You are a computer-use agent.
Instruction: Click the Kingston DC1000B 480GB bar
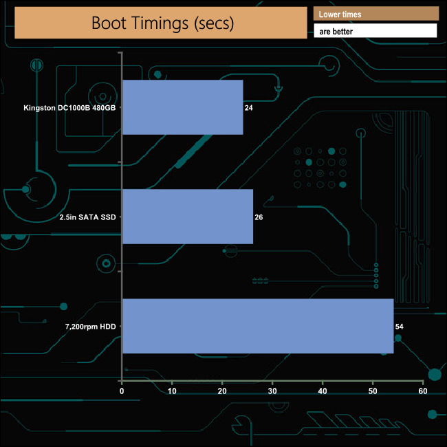[x=182, y=107]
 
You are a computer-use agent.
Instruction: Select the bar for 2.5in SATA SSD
[x=187, y=217]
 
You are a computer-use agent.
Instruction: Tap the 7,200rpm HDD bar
[x=257, y=326]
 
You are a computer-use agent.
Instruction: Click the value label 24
[x=249, y=108]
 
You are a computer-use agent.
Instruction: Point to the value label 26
[x=259, y=217]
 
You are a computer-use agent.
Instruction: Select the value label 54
[x=399, y=327]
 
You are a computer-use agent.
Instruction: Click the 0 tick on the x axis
[x=122, y=391]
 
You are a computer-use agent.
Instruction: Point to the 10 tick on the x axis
[x=172, y=391]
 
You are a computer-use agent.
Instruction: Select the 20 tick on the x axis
[x=222, y=391]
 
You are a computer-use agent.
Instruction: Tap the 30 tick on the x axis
[x=272, y=391]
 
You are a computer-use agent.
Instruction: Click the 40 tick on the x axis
[x=323, y=391]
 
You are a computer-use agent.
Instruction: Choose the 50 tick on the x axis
[x=373, y=391]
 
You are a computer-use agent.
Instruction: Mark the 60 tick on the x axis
[x=423, y=391]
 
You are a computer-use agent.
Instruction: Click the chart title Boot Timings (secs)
[x=162, y=23]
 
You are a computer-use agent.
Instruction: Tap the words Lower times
[x=340, y=14]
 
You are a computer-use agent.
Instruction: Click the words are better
[x=337, y=32]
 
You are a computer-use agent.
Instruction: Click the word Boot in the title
[x=109, y=23]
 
